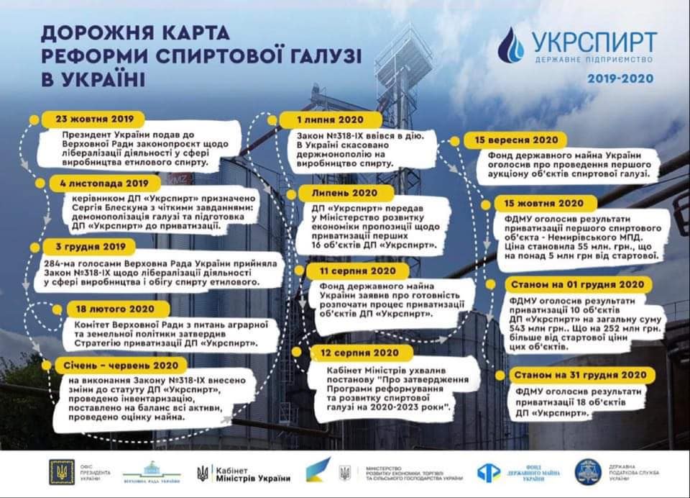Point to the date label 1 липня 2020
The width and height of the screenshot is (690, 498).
[x=331, y=119]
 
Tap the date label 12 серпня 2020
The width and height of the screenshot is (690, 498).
[x=361, y=353]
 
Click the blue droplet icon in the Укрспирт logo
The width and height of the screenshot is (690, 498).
[x=511, y=45]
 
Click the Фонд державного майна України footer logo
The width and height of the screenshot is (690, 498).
[x=522, y=473]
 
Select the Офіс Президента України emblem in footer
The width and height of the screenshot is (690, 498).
[x=61, y=471]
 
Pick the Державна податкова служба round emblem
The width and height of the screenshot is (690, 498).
[x=587, y=472]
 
